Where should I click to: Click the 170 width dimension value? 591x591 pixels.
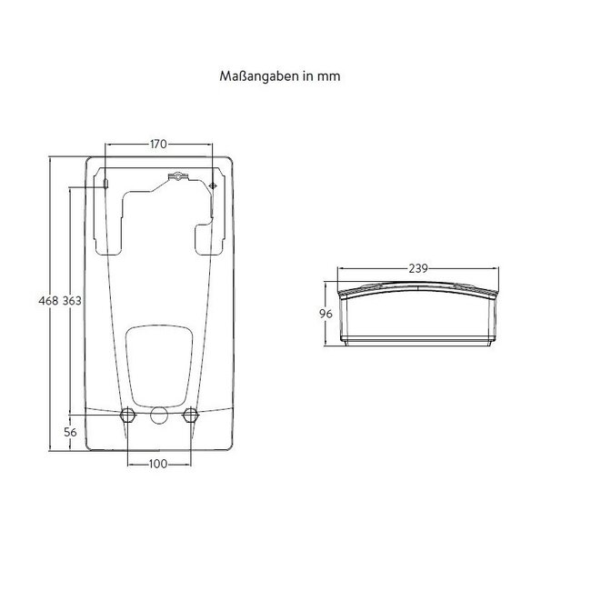pos(159,143)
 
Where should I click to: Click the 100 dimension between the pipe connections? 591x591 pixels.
pos(159,465)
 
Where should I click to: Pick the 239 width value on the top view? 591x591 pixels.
pos(417,268)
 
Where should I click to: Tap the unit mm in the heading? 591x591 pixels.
pos(331,77)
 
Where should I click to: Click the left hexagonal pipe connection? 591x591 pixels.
pos(128,416)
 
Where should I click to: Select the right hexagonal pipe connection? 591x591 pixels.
pos(190,416)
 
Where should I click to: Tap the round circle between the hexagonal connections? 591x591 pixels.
pos(159,417)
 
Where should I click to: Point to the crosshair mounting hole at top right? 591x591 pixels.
pos(213,185)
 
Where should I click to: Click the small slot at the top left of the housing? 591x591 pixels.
pos(106,185)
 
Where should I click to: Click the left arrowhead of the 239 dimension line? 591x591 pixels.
pos(339,268)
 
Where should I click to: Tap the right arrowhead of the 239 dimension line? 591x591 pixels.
pos(497,268)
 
